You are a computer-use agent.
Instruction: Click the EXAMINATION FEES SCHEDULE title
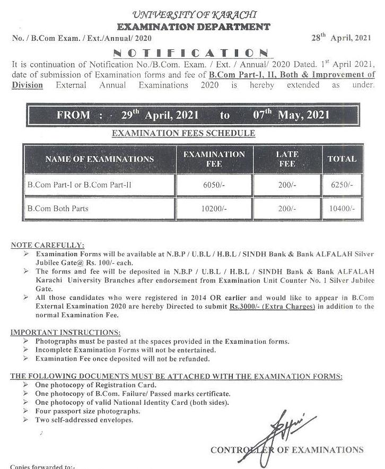183,133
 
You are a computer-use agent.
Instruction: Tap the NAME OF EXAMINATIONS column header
99,159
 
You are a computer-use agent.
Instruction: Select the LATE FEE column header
287,159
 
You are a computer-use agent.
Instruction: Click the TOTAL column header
342,159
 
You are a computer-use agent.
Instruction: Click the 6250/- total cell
342,185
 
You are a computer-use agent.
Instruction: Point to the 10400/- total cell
342,209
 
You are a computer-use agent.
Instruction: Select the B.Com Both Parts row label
58,209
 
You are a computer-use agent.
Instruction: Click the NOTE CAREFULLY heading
47,245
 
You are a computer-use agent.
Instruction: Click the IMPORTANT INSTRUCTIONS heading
65,333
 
